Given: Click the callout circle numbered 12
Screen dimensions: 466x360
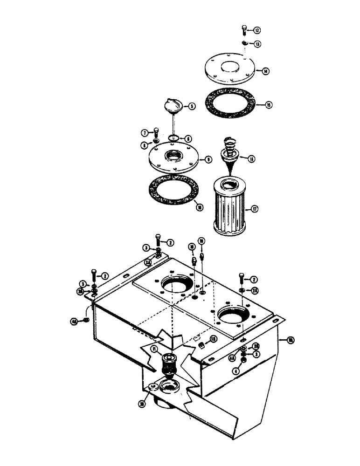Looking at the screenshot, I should [257, 30].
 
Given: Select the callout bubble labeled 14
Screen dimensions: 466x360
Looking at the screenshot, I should [265, 71].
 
